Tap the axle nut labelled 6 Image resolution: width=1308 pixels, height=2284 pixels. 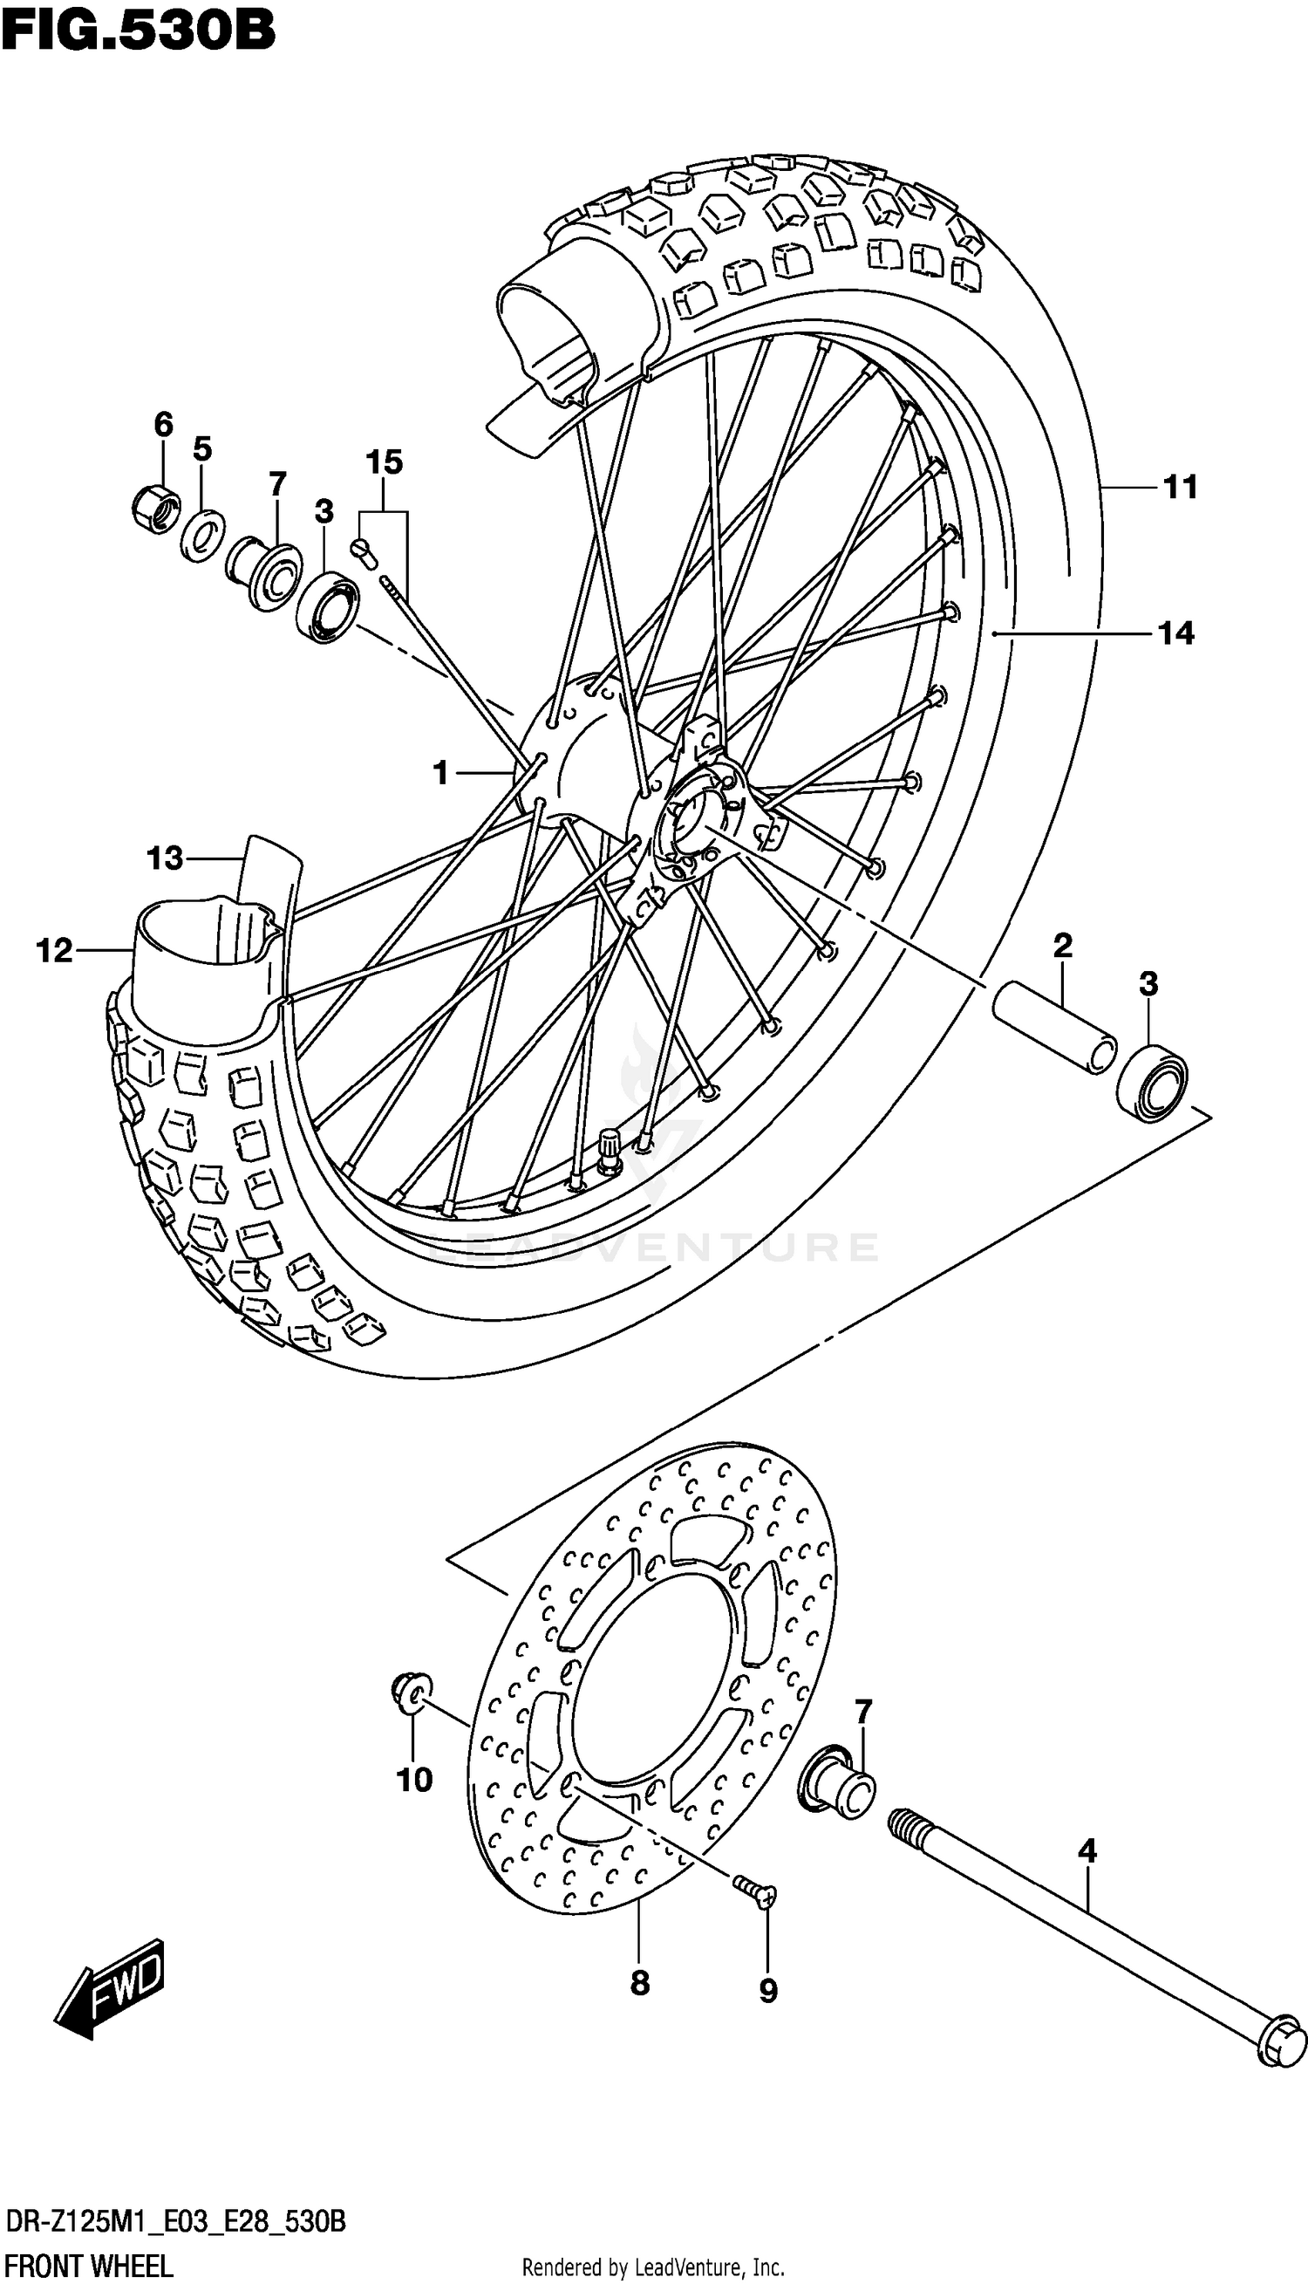coord(154,509)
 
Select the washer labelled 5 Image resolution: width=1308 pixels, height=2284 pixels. coord(202,537)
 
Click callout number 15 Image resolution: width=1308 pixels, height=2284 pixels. coord(384,462)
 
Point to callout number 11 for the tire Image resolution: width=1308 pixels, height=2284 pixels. coord(1180,487)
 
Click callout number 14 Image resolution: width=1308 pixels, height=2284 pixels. coord(1176,634)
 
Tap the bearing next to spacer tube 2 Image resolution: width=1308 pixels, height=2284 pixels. coord(1152,1083)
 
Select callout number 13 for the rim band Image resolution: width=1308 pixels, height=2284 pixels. coord(166,859)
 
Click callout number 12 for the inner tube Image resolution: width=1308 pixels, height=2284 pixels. coord(55,950)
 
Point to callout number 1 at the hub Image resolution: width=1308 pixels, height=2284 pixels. coord(440,772)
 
